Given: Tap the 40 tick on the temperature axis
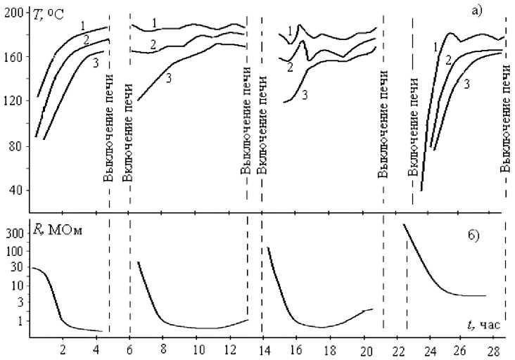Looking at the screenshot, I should (x=16, y=191).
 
